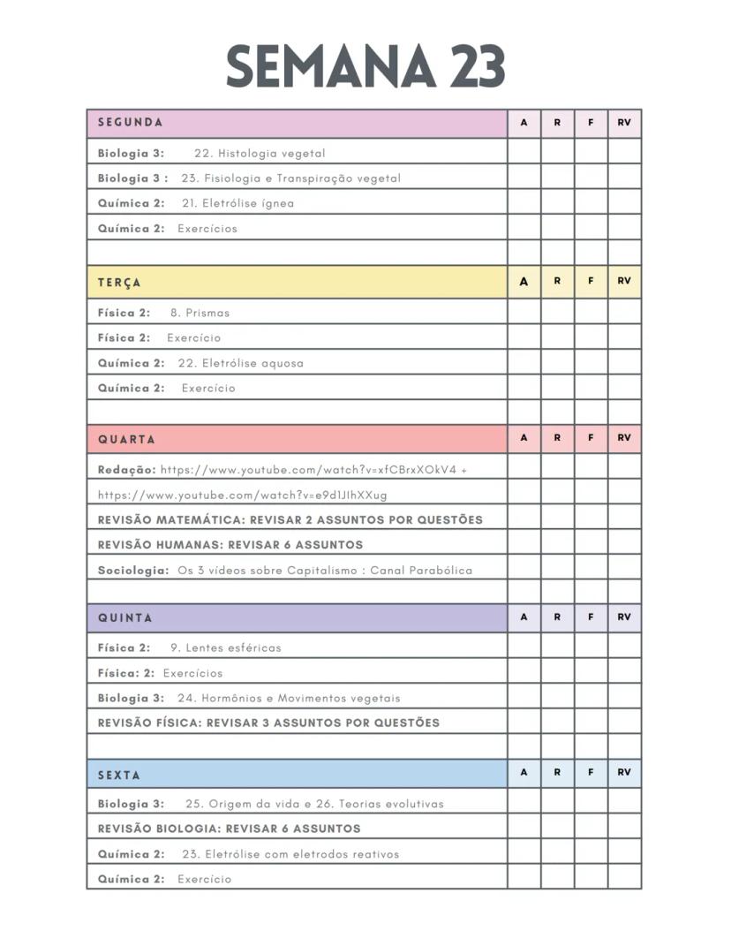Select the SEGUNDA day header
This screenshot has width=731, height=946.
click(130, 123)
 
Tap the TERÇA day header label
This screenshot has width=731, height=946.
click(119, 283)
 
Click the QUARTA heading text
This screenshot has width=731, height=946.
click(126, 439)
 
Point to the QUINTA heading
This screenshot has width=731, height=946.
click(124, 618)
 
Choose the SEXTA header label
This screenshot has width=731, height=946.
click(119, 775)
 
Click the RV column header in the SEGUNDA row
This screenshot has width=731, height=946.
click(624, 123)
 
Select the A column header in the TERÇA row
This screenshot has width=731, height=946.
click(524, 282)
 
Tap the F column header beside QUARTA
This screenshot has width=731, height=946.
click(591, 438)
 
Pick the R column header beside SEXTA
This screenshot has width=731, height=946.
click(557, 772)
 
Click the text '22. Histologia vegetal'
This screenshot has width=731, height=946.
click(260, 153)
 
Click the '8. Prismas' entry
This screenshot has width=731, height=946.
click(200, 313)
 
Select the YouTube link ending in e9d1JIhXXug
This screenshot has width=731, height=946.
click(242, 495)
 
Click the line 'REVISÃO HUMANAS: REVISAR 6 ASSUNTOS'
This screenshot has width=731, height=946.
click(230, 545)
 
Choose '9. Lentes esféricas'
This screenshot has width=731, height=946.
click(225, 647)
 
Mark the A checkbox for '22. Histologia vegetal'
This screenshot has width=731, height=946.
click(524, 152)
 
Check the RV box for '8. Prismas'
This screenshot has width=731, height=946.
click(624, 312)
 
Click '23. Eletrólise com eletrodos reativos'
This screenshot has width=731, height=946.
click(290, 854)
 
